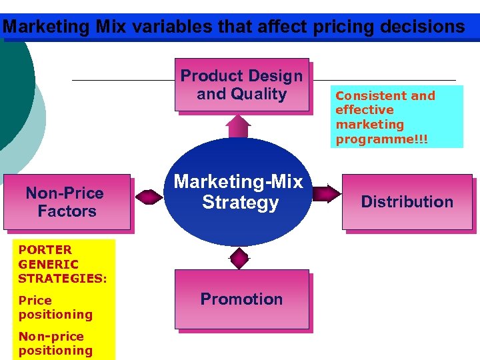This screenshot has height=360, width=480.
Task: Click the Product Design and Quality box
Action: [242, 85]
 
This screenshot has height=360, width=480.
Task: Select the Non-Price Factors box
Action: [67, 202]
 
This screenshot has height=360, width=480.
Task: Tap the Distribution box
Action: [407, 202]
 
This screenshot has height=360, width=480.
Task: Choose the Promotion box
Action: [242, 299]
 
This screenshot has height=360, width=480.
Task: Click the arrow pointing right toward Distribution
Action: [326, 194]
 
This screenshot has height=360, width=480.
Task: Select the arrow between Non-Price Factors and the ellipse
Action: [149, 195]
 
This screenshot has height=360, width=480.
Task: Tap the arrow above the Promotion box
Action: [239, 257]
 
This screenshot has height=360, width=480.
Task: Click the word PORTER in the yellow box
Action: [45, 250]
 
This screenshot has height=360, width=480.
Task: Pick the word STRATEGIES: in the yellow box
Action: [63, 278]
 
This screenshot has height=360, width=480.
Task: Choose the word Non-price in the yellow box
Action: [51, 337]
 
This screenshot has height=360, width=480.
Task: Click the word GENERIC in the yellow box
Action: [49, 264]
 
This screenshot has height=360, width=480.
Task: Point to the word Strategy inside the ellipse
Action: [240, 203]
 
